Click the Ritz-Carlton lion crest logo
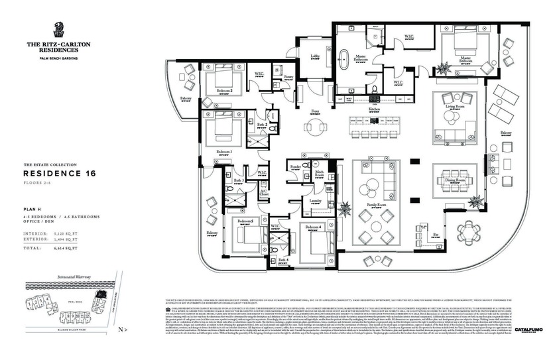(x=58, y=29)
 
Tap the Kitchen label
(x=374, y=108)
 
